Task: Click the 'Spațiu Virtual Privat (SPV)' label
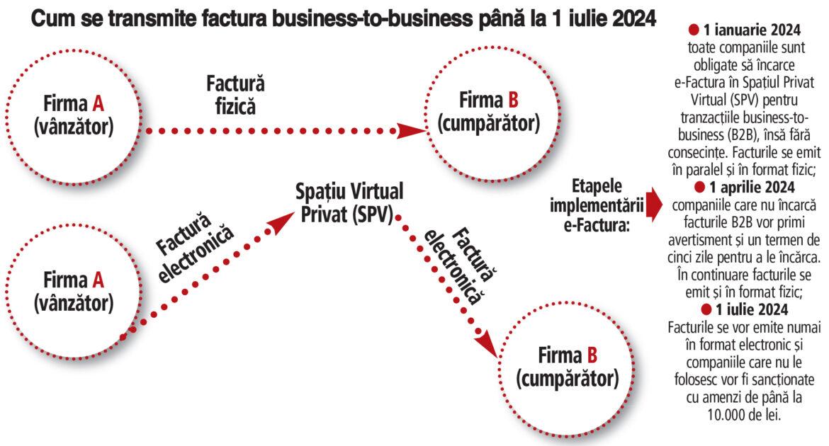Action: coord(350,202)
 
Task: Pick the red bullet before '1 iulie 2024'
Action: coord(706,310)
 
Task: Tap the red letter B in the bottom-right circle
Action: coord(592,355)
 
